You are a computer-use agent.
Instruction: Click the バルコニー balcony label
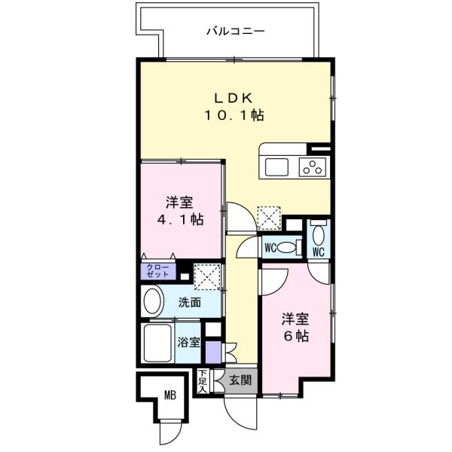point(236,31)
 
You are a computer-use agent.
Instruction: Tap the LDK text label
point(234,98)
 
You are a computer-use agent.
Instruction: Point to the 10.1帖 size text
point(234,115)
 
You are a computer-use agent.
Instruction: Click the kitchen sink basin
point(276,167)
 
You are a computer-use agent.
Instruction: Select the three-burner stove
point(313,167)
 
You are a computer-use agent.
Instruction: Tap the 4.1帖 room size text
point(181,220)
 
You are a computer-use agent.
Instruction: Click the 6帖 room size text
point(296,336)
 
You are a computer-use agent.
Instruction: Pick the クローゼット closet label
point(157,270)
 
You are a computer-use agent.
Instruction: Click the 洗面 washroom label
point(190,302)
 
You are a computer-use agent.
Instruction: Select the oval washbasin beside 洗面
point(152,301)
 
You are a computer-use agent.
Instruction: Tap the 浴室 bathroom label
point(188,342)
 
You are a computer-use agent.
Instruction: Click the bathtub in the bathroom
point(157,343)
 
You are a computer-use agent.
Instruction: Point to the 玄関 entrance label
point(240,380)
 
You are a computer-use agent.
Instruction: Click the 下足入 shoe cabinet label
point(203,381)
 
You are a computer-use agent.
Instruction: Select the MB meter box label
point(170,395)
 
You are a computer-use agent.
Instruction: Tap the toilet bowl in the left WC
point(286,248)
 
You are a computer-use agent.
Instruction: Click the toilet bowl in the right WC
point(318,235)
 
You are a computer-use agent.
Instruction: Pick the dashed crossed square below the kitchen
point(269,218)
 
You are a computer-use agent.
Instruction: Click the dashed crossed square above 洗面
point(207,276)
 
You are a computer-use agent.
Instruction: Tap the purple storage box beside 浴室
point(213,353)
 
